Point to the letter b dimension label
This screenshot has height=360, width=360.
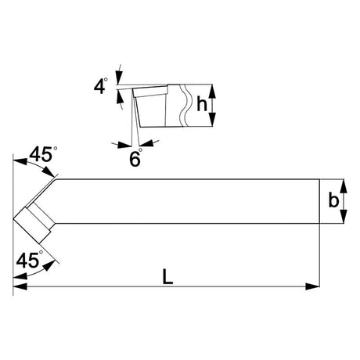point(333,200)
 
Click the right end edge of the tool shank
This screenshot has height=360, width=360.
point(320,201)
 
